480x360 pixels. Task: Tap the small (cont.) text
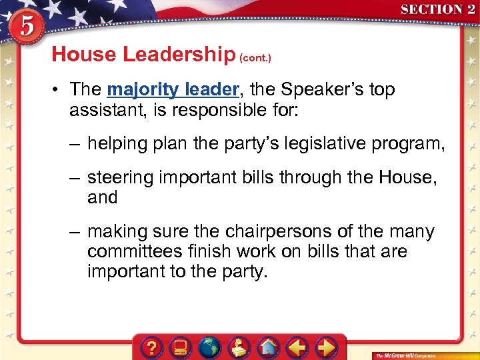255,58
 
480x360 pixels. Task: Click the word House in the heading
83,55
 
